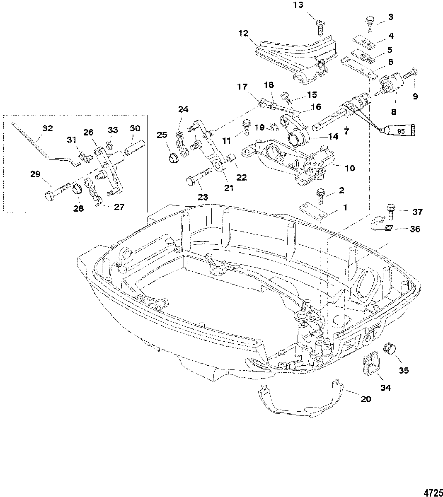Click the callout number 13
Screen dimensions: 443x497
[298, 5]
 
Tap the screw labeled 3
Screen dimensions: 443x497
[369, 24]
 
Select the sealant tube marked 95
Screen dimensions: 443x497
[397, 130]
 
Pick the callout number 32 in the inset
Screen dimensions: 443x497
[48, 128]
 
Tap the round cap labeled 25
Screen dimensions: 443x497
[174, 157]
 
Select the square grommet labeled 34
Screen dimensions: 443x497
[371, 367]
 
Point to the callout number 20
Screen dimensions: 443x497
[366, 399]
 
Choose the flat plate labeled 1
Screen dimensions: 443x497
[313, 210]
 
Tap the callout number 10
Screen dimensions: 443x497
[350, 168]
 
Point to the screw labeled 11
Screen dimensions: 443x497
[247, 127]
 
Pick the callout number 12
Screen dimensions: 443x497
[243, 34]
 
